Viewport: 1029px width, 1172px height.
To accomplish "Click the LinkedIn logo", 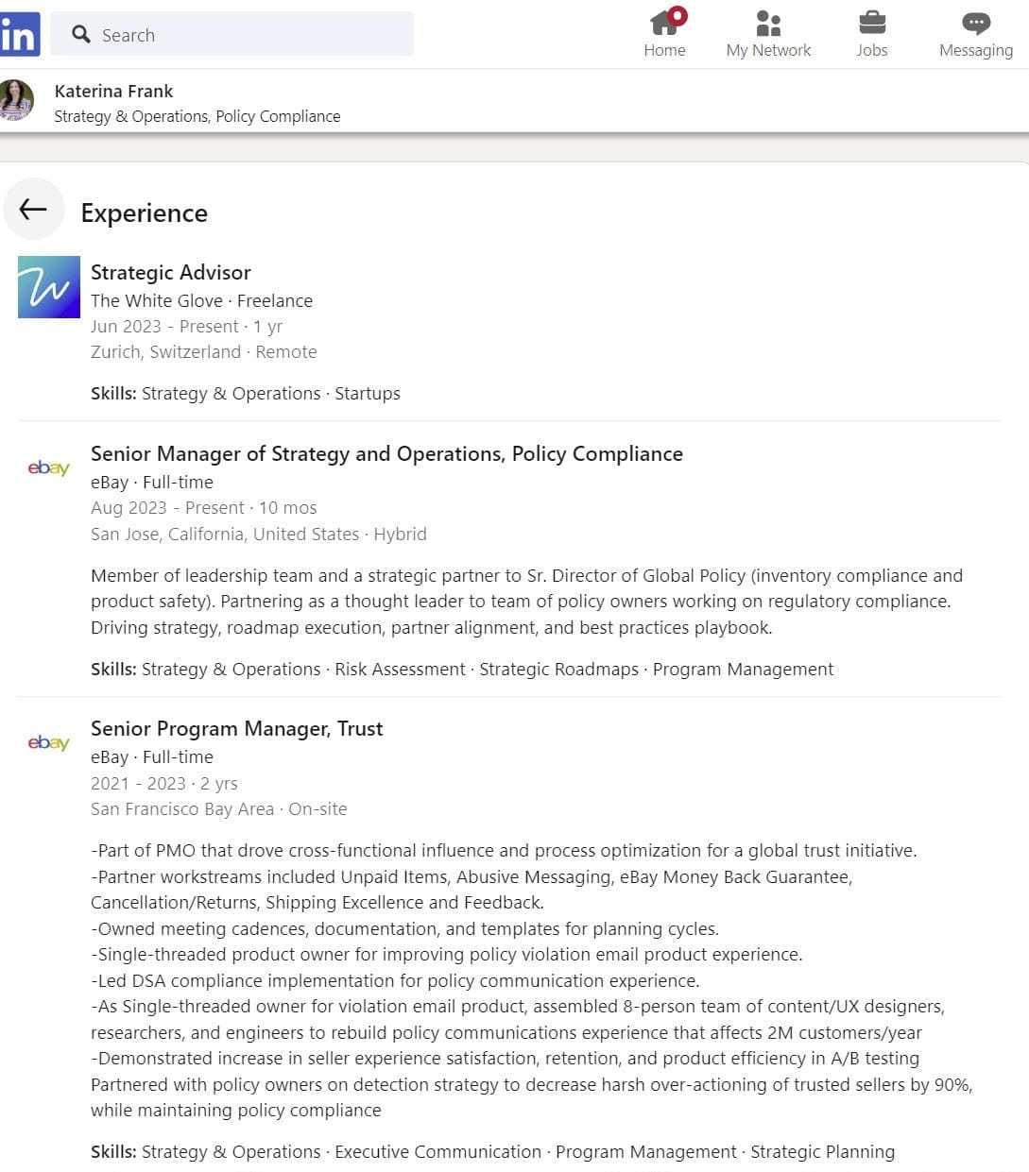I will point(19,35).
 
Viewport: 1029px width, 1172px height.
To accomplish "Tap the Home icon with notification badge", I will point(665,23).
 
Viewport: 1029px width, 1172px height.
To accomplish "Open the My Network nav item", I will point(768,34).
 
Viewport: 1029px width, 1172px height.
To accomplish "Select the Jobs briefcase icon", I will point(871,23).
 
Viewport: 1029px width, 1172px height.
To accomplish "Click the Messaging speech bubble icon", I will point(975,23).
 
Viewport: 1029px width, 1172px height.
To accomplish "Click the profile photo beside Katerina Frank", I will point(16,100).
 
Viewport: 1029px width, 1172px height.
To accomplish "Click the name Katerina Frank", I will point(113,91).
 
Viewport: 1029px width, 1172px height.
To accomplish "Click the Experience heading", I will point(144,213).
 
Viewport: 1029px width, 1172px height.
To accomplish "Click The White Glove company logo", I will point(49,287).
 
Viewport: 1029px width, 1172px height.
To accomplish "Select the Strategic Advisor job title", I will point(170,272).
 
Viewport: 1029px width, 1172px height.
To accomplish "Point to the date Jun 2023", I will point(126,326).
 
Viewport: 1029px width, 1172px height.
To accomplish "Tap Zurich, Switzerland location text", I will point(165,351).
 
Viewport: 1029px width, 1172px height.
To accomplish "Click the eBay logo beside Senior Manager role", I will point(48,467).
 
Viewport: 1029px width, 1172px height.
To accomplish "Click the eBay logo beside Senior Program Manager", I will point(48,742).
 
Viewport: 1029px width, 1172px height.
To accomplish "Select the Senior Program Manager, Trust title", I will point(236,728).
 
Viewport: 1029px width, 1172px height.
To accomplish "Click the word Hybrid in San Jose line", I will point(400,534).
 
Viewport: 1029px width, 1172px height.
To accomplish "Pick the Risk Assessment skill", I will point(400,669).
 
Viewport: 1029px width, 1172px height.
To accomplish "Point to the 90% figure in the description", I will point(952,1084).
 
